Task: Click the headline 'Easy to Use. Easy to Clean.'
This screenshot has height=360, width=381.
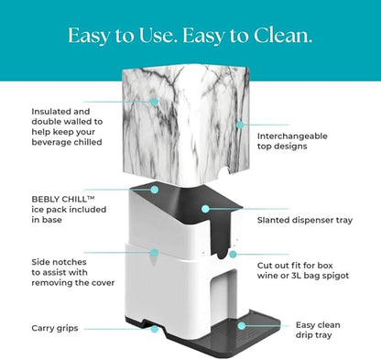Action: coord(190,36)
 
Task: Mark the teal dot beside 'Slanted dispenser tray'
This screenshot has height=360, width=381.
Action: coord(208,208)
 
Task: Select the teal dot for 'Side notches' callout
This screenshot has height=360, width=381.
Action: coord(154,252)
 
